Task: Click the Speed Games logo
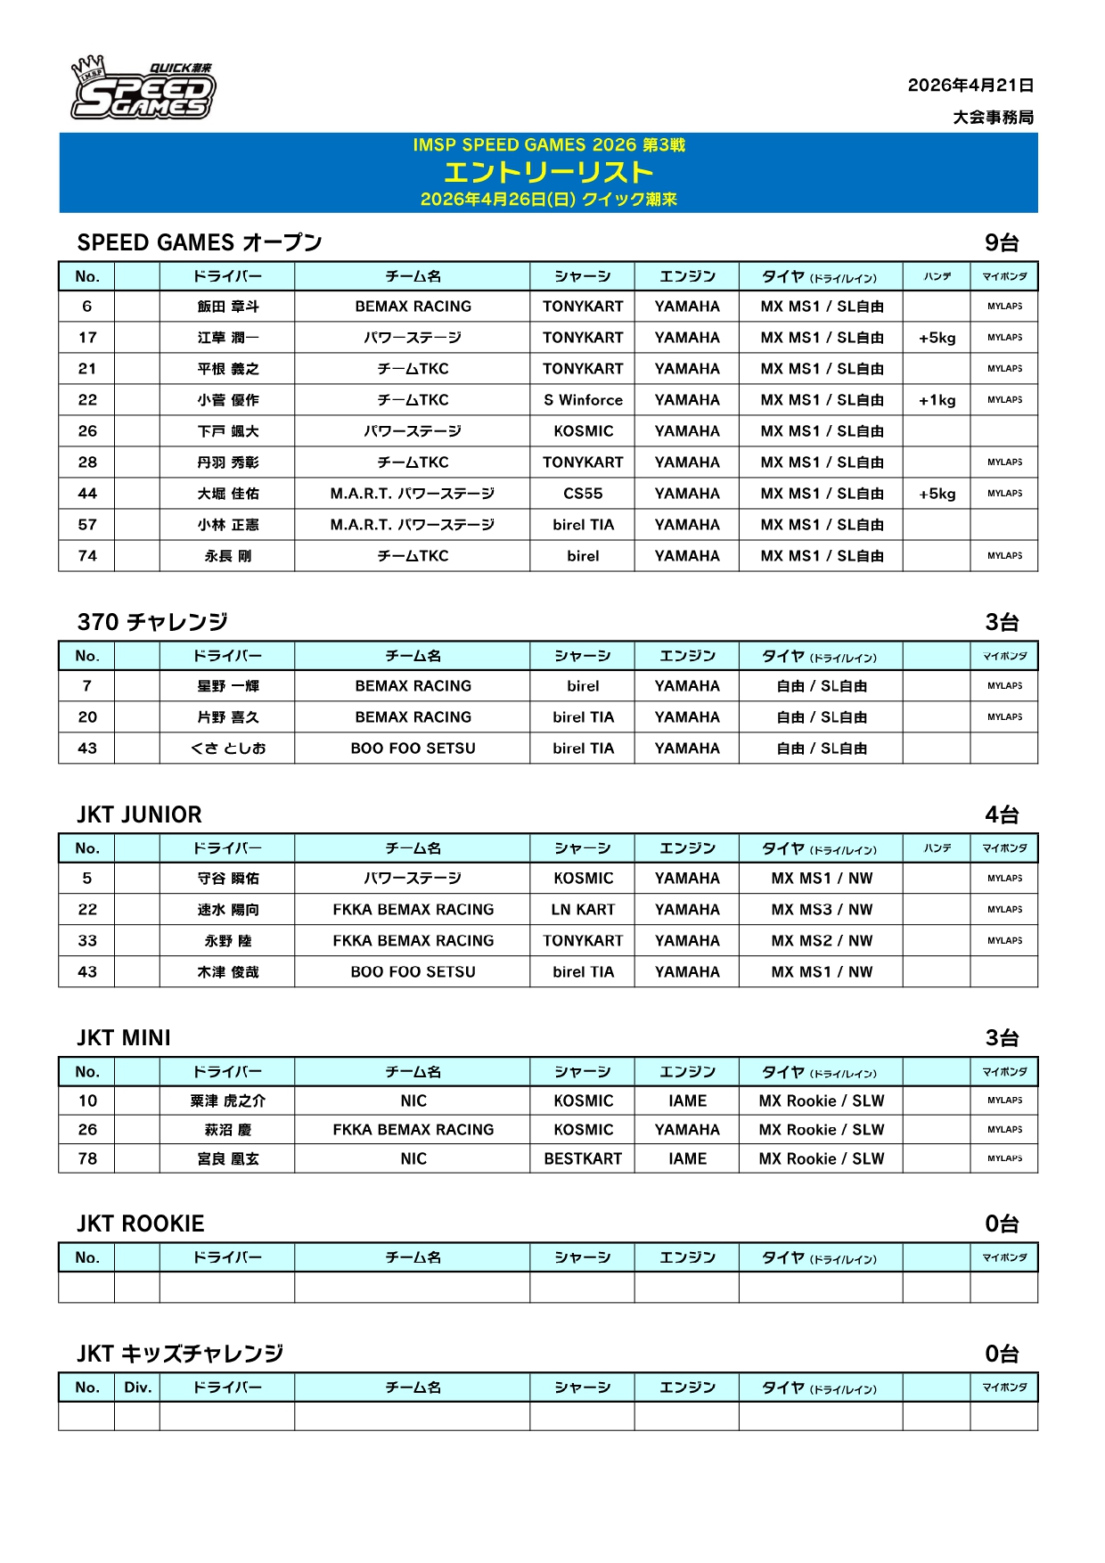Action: click(143, 89)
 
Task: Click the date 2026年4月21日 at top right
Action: click(970, 86)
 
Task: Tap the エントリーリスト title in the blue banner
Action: click(548, 172)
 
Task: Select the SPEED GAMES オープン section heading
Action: click(200, 242)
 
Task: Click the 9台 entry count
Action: click(1002, 242)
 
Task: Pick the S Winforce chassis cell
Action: click(583, 400)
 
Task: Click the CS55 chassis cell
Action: click(583, 494)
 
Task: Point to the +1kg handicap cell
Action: click(937, 400)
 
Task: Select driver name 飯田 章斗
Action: click(228, 307)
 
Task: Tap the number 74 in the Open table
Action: click(87, 556)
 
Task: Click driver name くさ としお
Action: click(228, 749)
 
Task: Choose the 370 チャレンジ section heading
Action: click(152, 622)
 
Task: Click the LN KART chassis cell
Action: click(583, 910)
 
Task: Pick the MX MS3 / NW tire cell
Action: click(822, 910)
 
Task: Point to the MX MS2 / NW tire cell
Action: click(822, 941)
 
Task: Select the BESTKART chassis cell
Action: click(583, 1159)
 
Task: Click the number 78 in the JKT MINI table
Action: click(87, 1159)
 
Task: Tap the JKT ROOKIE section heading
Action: click(141, 1223)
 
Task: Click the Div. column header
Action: click(138, 1387)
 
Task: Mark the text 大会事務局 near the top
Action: click(993, 118)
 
